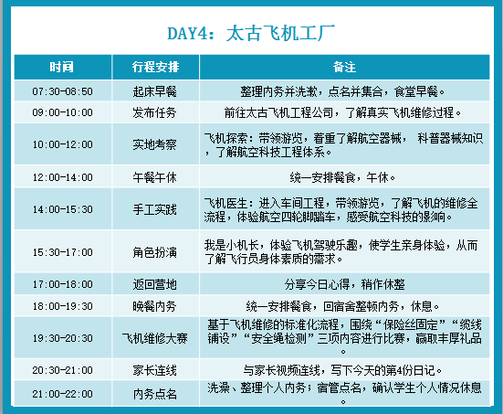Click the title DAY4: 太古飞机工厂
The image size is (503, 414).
(251, 33)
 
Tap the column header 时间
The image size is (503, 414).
(61, 67)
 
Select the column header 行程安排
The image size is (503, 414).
(155, 67)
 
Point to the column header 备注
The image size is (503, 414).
(344, 67)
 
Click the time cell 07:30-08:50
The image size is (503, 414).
(63, 91)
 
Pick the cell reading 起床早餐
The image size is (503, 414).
(154, 91)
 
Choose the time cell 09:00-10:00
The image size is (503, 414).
(63, 112)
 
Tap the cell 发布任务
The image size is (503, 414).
(154, 112)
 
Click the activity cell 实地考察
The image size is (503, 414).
(154, 144)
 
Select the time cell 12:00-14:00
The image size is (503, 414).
(63, 177)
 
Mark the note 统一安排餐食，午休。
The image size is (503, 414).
(342, 177)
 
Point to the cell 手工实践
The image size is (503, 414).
(154, 209)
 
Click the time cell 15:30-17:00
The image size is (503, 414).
(63, 252)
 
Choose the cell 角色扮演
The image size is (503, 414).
(154, 252)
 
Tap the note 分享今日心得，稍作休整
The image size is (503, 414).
(344, 284)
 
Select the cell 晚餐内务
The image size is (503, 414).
(154, 306)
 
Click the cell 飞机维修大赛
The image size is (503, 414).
(154, 338)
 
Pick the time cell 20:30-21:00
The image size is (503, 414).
(63, 370)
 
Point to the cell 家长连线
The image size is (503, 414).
(154, 370)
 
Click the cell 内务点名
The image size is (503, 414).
(154, 394)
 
